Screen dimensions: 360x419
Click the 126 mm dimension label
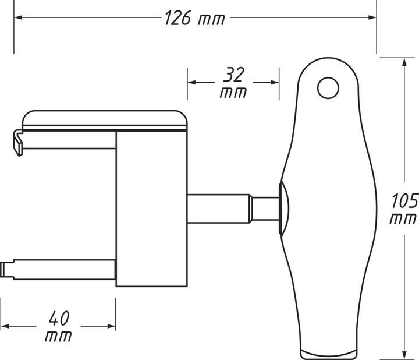[x=194, y=18]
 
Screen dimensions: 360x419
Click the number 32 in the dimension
[x=233, y=75]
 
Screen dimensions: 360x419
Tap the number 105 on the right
[x=404, y=202]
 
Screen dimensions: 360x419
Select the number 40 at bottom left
[x=58, y=318]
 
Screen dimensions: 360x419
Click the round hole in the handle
[x=328, y=89]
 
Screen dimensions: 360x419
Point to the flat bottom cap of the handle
[x=328, y=353]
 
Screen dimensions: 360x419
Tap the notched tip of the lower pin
[x=7, y=269]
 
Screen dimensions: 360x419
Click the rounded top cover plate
[x=105, y=119]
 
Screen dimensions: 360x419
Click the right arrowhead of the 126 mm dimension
[x=372, y=18]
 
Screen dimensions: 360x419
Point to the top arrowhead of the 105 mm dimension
[x=404, y=61]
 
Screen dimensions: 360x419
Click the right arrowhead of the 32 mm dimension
[x=275, y=82]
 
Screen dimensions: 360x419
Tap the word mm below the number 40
[x=58, y=336]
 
